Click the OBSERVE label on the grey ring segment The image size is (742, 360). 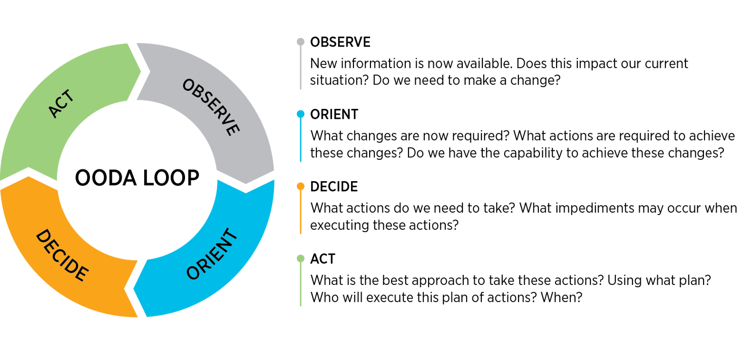(211, 107)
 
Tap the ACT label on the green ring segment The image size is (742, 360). (61, 105)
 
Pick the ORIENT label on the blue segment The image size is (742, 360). (211, 254)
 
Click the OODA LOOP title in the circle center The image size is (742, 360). (137, 178)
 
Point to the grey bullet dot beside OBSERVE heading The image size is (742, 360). (300, 42)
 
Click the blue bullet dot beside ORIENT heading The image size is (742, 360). (300, 114)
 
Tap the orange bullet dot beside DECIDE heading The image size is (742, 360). (300, 186)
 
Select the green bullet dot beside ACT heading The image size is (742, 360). (300, 259)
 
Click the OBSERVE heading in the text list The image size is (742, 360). (340, 42)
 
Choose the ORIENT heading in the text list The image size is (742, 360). (334, 114)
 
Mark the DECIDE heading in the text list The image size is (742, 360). (334, 186)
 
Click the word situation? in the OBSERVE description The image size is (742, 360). (339, 80)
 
